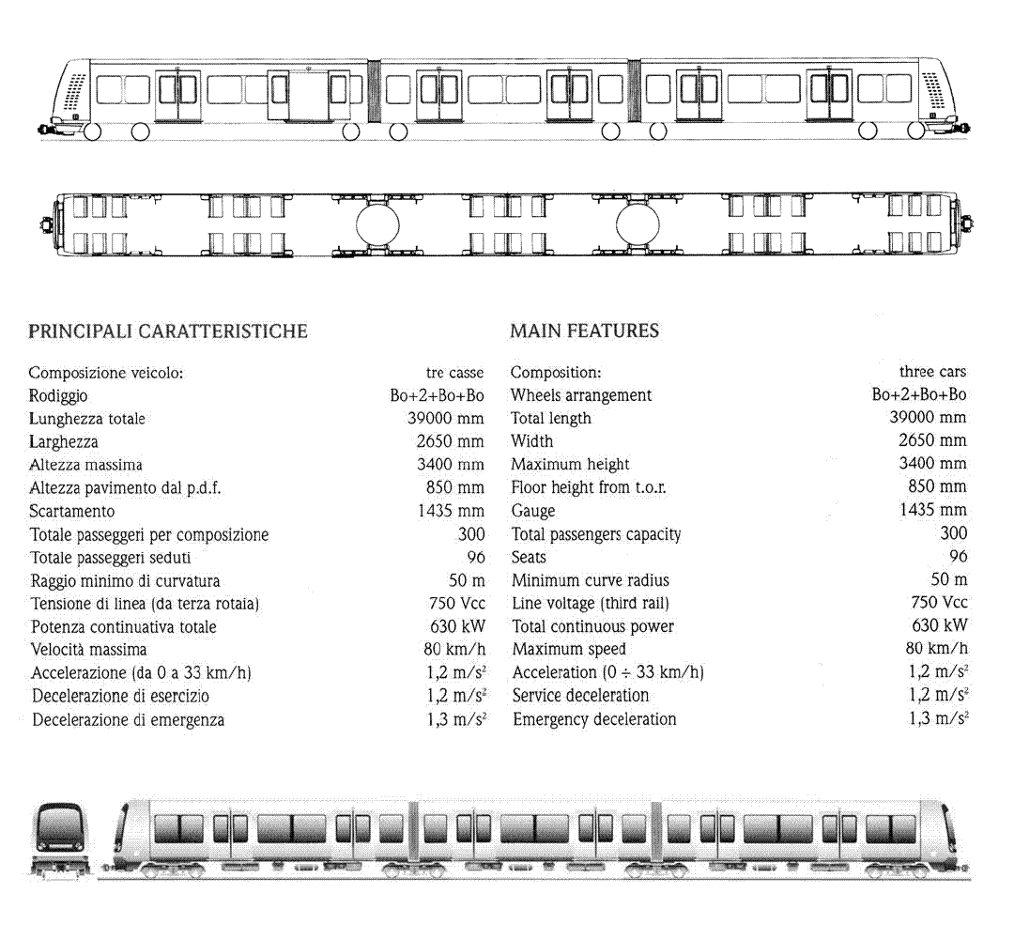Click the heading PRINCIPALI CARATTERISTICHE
(x=167, y=331)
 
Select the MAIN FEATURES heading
(x=585, y=331)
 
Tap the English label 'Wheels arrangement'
(x=581, y=395)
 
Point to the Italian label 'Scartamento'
(x=71, y=512)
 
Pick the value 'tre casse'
(x=454, y=373)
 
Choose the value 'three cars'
(x=932, y=372)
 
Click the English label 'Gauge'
(x=533, y=511)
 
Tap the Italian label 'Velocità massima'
(x=88, y=649)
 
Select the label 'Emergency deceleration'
(x=594, y=719)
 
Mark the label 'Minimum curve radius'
(x=591, y=580)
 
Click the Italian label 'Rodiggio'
(x=58, y=395)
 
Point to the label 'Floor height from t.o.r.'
(x=589, y=487)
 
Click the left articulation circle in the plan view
(x=377, y=226)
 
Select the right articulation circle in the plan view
(x=638, y=226)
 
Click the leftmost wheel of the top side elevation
(x=92, y=131)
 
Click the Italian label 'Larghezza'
(x=64, y=442)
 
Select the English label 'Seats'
(x=529, y=557)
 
